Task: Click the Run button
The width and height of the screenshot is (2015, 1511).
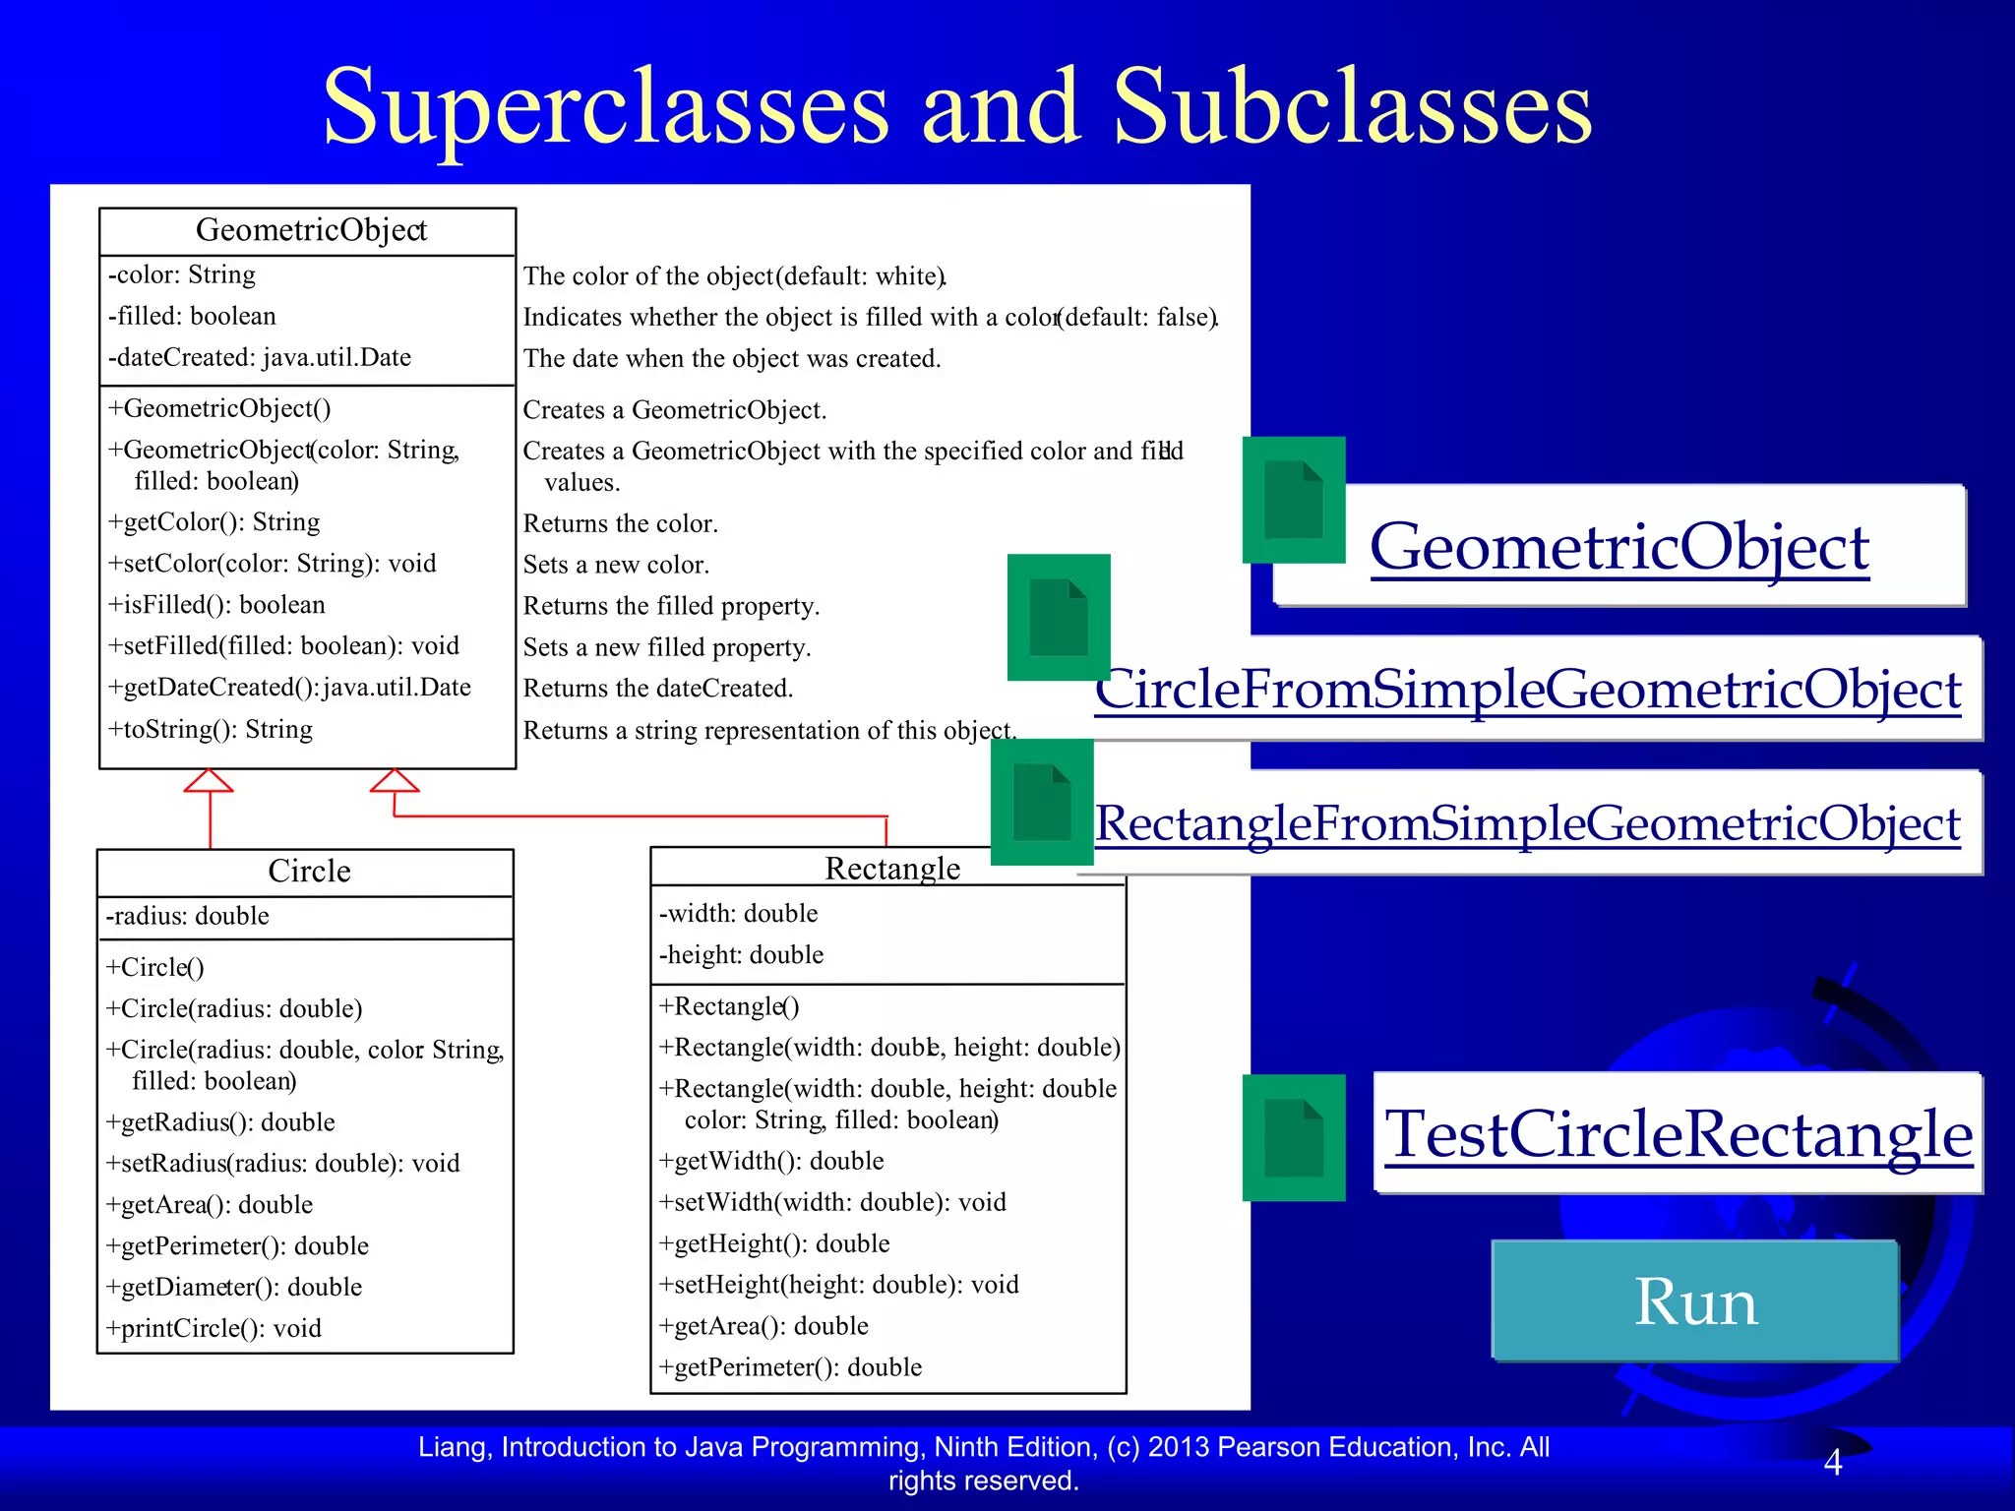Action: click(x=1694, y=1301)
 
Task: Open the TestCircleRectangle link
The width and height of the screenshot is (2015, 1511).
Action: click(x=1678, y=1134)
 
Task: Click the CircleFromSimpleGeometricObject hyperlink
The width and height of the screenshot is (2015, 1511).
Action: click(x=1528, y=690)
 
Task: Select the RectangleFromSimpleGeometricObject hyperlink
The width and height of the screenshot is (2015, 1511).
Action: click(x=1528, y=823)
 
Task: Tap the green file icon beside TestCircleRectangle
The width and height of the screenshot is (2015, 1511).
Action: click(x=1293, y=1137)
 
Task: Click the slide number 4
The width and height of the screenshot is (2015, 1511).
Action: click(x=1832, y=1463)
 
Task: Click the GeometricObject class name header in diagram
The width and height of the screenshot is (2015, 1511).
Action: click(x=311, y=230)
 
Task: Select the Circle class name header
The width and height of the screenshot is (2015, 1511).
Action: click(x=309, y=872)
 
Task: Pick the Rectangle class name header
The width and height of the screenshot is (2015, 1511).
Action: click(x=892, y=869)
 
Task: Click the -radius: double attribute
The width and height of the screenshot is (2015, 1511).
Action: click(x=188, y=917)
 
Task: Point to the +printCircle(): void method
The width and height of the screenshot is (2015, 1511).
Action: click(x=214, y=1329)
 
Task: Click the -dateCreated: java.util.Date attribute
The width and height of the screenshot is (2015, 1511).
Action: click(x=260, y=358)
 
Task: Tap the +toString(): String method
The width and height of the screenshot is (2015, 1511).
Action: click(x=211, y=730)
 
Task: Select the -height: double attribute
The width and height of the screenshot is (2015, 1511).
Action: click(x=741, y=955)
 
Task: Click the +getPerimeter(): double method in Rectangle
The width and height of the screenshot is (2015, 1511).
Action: click(x=790, y=1367)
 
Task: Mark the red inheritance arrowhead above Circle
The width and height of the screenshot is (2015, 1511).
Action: click(x=209, y=781)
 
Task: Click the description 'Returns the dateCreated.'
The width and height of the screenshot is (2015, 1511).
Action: click(x=657, y=689)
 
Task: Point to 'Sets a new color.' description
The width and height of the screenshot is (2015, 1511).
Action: click(x=616, y=565)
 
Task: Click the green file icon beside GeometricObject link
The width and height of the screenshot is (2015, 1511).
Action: click(x=1293, y=500)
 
